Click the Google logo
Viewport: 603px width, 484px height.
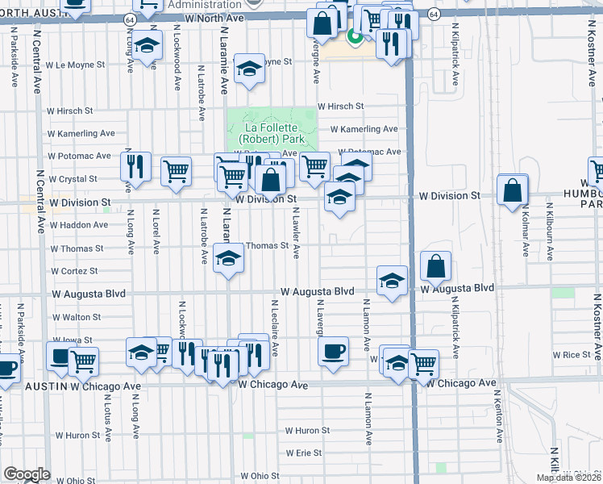point(27,474)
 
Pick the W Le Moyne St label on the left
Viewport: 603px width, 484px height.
point(75,65)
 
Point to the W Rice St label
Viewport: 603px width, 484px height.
point(576,354)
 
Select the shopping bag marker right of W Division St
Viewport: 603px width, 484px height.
point(513,191)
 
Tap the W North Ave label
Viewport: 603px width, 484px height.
point(214,17)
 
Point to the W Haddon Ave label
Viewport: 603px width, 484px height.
point(78,225)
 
